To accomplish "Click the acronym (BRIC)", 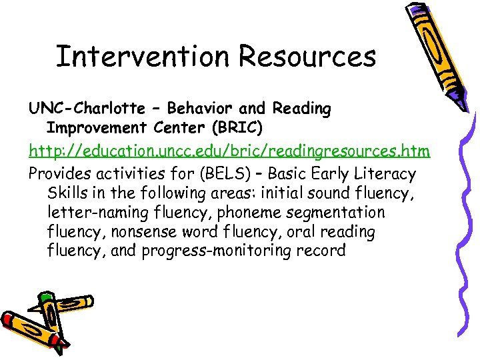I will (x=242, y=127).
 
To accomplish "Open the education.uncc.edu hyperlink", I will (x=229, y=151).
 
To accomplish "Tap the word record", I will (x=323, y=251).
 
